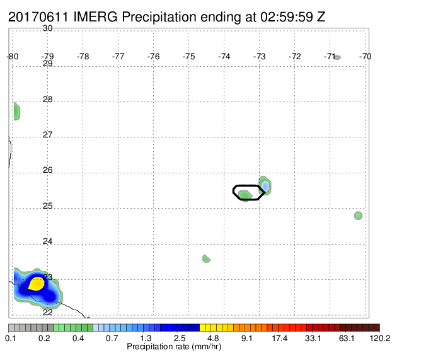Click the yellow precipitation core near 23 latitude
37,284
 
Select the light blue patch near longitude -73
265,185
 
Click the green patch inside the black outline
245,195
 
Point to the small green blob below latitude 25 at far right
358,216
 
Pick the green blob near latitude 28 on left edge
16,111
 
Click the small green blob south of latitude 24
206,258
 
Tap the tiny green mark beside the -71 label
338,57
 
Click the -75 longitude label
188,56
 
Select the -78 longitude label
83,56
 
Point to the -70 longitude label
365,56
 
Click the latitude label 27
48,134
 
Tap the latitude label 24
48,241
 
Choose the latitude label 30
48,28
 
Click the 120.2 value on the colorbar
380,338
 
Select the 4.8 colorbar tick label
213,338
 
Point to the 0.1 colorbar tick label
11,338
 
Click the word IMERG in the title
95,17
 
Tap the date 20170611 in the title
38,17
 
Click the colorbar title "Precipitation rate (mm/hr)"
174,347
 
